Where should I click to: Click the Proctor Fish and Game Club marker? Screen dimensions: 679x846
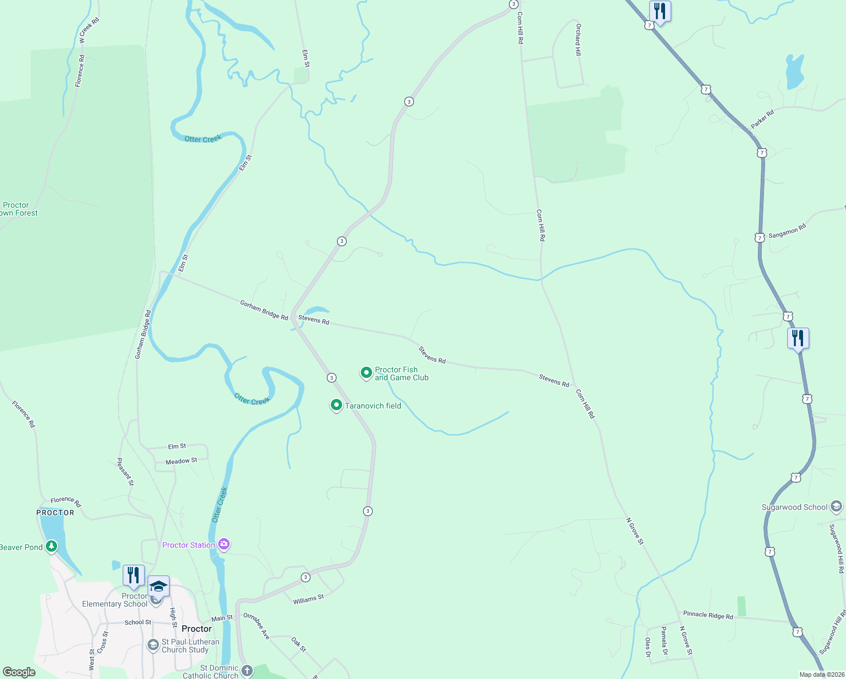[366, 373]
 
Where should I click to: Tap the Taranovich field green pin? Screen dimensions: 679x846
[336, 405]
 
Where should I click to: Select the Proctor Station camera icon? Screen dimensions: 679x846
[224, 544]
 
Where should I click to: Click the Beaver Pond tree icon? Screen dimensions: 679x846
[51, 547]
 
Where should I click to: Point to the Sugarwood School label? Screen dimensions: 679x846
[794, 507]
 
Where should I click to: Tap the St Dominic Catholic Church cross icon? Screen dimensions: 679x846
[247, 671]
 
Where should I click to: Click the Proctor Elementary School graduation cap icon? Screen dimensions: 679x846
[159, 587]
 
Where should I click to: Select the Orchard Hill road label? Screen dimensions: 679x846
[578, 40]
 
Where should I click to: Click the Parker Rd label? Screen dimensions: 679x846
[762, 119]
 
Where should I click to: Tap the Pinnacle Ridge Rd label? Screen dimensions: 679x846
[707, 615]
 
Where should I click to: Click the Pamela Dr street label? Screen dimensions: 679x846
[664, 641]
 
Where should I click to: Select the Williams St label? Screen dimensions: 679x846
[308, 599]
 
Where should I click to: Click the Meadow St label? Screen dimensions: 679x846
[182, 461]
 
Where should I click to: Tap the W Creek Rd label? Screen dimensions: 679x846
[89, 31]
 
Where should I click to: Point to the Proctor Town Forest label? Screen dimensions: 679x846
[17, 209]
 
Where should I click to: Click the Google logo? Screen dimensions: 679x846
[19, 672]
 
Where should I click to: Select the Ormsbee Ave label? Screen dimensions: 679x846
[256, 626]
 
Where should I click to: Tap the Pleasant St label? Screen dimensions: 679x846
[125, 472]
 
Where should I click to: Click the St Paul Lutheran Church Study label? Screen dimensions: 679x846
[190, 646]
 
